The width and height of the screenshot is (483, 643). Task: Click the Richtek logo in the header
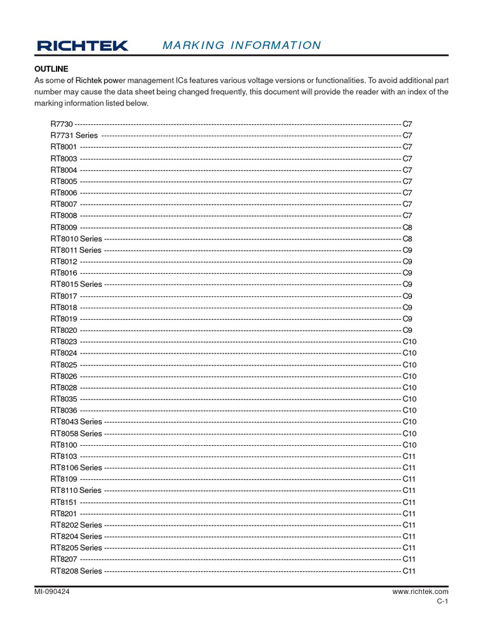[x=82, y=45]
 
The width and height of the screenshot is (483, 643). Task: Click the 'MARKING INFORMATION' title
[x=241, y=45]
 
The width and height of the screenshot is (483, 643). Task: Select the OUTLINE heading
[x=51, y=68]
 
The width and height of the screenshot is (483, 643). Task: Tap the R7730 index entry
[x=62, y=124]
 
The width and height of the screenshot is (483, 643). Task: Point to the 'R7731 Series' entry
[x=74, y=136]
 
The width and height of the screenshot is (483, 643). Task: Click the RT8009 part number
[x=64, y=227]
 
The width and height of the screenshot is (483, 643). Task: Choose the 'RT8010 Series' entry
[x=76, y=239]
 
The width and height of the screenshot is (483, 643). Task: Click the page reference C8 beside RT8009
[x=407, y=227]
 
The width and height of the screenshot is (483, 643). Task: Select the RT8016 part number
[x=64, y=273]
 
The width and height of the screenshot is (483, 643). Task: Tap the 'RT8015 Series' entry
[x=76, y=284]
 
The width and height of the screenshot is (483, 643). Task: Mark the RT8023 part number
[x=64, y=342]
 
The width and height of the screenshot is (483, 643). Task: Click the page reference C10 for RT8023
[x=409, y=342]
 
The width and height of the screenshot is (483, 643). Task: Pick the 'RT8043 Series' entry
[x=76, y=421]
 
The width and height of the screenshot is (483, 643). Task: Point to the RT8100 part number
[x=64, y=445]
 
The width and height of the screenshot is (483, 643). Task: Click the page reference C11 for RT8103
[x=409, y=456]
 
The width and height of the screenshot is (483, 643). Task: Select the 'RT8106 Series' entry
[x=76, y=467]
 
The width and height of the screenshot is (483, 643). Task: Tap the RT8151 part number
[x=64, y=502]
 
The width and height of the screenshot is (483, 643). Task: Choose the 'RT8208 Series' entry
[x=76, y=571]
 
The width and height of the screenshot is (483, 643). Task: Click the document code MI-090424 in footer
[x=52, y=592]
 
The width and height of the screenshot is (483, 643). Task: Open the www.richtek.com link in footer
[x=420, y=592]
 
